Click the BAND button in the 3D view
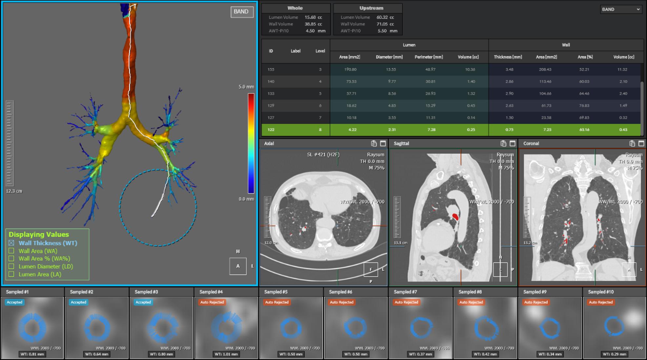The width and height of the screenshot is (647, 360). coord(242,12)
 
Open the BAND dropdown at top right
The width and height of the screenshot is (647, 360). coord(620,10)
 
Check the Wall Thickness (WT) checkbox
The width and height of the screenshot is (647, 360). coord(11,243)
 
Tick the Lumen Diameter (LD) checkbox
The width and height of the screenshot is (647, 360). coord(11,267)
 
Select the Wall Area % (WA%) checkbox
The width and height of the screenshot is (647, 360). coord(11,259)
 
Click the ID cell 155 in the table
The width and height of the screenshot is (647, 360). coord(271,70)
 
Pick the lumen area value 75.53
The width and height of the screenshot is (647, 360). coord(351,82)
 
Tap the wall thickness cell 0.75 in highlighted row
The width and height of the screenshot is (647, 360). coord(509,130)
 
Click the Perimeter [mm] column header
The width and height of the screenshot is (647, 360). coord(429,57)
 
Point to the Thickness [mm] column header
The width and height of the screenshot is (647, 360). coord(508,57)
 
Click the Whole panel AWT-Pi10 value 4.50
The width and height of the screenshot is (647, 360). coord(310,31)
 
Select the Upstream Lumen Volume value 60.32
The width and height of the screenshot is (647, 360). coord(382,17)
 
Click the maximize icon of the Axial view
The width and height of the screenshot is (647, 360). coord(383,144)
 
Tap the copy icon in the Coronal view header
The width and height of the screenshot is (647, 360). coord(632,144)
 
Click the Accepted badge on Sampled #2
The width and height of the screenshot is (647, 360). coord(78,302)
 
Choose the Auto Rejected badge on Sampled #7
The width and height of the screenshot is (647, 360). coord(406,302)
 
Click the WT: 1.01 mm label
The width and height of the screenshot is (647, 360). coord(226,354)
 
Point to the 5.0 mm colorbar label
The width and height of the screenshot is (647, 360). coord(246,87)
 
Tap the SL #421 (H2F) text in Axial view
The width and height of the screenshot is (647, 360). coord(323,154)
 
